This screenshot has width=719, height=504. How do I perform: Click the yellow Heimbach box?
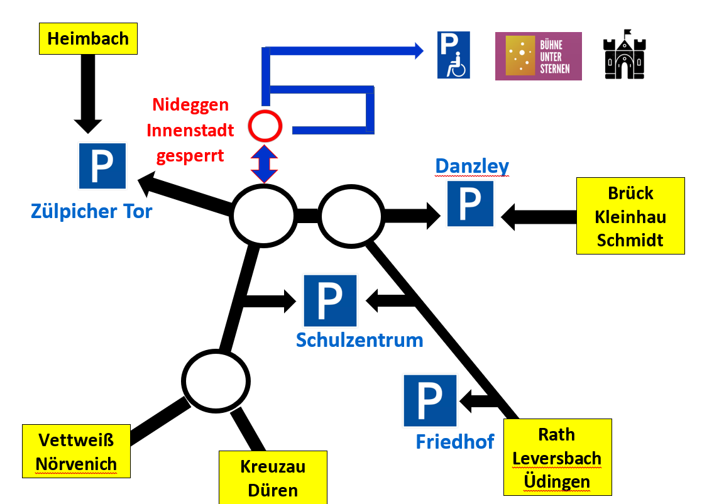tap(88, 38)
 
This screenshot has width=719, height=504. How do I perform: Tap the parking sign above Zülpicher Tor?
tap(102, 166)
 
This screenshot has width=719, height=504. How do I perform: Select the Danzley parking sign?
tap(470, 204)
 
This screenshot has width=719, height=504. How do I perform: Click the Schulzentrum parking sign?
tap(330, 300)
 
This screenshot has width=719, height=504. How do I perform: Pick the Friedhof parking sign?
tap(430, 400)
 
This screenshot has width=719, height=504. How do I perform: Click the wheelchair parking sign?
tap(453, 55)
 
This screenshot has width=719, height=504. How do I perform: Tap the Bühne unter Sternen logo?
tap(538, 57)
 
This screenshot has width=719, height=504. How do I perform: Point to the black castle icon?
tap(624, 55)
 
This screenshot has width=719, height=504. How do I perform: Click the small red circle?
tap(265, 126)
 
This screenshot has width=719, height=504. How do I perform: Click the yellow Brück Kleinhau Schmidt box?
tap(630, 216)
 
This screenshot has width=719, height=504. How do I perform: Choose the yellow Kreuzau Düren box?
tap(273, 477)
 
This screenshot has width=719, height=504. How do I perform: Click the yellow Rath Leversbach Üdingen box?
tap(557, 457)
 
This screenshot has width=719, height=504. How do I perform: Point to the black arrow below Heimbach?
tap(87, 94)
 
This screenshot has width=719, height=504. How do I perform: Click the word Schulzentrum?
tap(359, 340)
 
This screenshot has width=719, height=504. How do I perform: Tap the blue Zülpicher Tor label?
tap(91, 211)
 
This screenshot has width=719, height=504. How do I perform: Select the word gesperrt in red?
tap(190, 155)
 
